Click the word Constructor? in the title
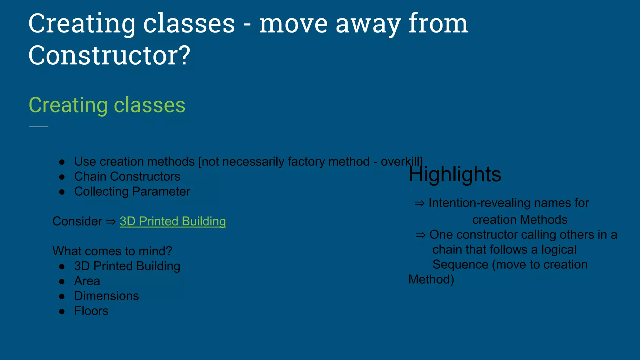click(109, 55)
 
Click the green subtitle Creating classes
click(107, 105)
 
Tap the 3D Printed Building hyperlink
click(172, 221)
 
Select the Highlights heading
click(455, 174)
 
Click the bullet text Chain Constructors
click(127, 177)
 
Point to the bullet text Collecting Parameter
click(132, 192)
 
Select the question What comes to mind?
click(112, 251)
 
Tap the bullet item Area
click(87, 281)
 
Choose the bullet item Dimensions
click(106, 296)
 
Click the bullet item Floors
click(91, 311)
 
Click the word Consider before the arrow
click(77, 221)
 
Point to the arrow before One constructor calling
click(420, 235)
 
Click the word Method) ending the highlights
click(431, 279)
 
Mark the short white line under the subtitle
click(39, 127)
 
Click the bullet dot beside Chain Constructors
click(62, 177)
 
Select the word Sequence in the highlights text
click(460, 265)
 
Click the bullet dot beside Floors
click(62, 311)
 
